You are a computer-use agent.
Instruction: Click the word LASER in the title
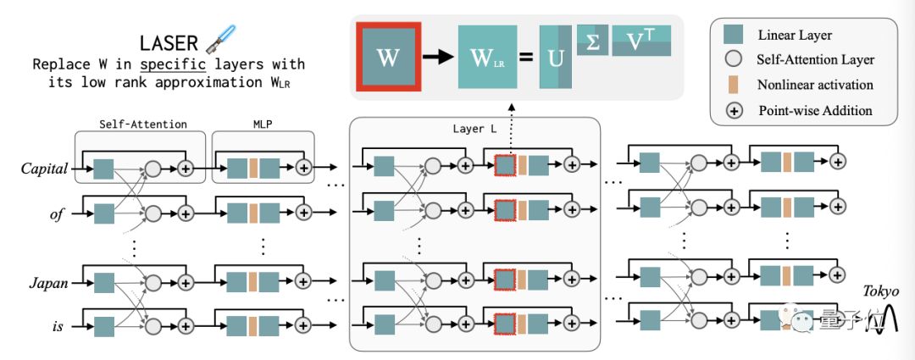click(x=169, y=42)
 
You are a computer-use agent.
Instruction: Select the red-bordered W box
click(x=387, y=58)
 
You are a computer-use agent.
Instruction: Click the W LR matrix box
click(x=487, y=58)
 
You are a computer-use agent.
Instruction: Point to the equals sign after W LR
click(x=525, y=58)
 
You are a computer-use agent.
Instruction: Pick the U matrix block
click(x=554, y=58)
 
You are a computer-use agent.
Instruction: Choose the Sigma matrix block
click(x=592, y=40)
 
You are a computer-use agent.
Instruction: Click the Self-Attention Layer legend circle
click(x=734, y=60)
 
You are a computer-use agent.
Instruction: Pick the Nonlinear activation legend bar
click(x=734, y=85)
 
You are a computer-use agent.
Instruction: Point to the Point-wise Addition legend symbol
click(x=734, y=110)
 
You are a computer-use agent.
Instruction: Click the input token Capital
click(x=44, y=169)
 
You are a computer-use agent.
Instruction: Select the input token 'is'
click(x=56, y=323)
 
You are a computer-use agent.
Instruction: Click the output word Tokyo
click(x=881, y=291)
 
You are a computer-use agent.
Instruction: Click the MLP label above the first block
click(x=262, y=124)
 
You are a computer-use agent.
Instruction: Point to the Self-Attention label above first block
click(x=140, y=124)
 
